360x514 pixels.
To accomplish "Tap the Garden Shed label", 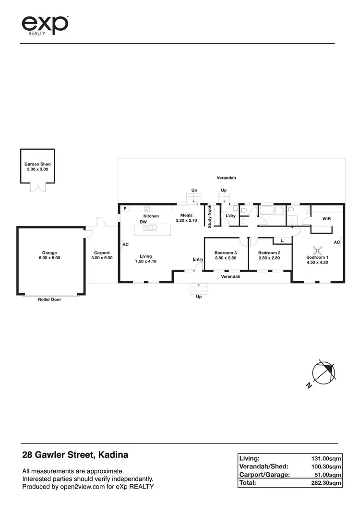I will (37, 167).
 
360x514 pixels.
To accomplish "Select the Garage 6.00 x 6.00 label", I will (49, 255).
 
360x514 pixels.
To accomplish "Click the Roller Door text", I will (49, 299).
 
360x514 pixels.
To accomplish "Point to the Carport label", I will (102, 255).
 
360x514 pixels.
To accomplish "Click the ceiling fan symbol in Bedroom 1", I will (317, 250).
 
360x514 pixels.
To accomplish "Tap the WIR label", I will (326, 218).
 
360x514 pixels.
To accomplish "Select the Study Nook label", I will (210, 216).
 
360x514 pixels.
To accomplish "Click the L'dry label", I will (230, 216).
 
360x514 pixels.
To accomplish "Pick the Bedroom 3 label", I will (226, 255).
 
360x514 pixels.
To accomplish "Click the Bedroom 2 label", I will (269, 255).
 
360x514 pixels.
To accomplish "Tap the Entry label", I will (198, 259).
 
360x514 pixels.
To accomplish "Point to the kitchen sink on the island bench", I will (152, 227).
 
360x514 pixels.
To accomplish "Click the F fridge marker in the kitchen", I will (125, 209).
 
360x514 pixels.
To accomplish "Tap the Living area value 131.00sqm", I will (326, 458).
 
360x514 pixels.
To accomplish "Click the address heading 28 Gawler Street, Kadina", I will (75, 454).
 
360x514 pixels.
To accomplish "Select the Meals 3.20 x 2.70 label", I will (186, 218).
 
